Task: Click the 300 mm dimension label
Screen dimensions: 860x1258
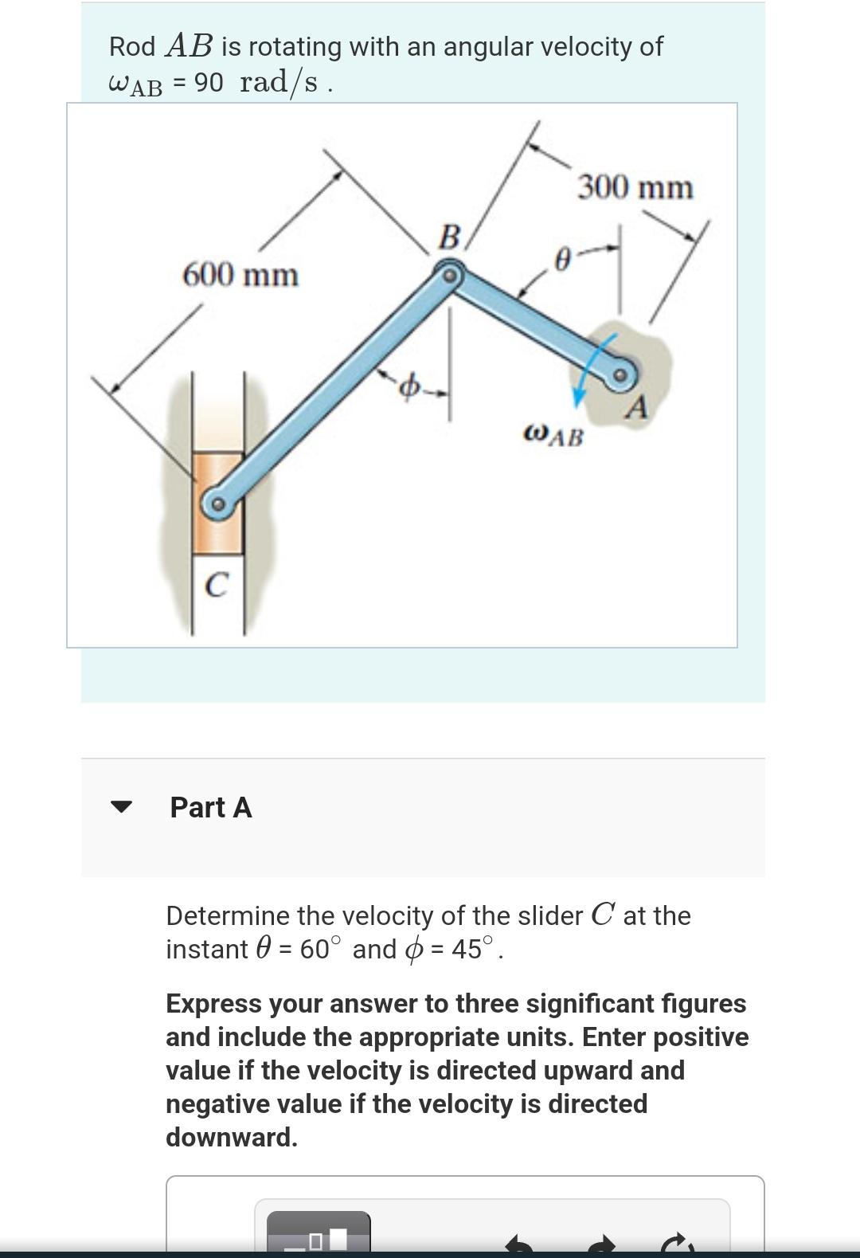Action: coord(635,187)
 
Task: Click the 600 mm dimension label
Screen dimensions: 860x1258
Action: coord(240,276)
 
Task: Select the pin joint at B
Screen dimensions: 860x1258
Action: coord(450,276)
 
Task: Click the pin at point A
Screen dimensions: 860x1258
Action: coord(620,374)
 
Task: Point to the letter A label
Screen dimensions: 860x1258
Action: coord(636,407)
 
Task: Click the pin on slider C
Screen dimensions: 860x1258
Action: coord(218,504)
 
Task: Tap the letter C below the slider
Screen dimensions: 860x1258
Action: coord(217,585)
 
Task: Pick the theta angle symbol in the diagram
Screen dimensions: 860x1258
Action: coord(562,260)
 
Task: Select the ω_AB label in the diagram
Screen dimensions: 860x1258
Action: coord(553,436)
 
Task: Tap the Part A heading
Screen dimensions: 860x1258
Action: coord(211,808)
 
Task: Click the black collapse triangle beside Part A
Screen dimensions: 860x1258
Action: coord(121,806)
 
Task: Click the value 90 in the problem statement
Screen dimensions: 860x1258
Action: coord(209,83)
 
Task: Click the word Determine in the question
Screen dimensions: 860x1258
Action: coord(228,916)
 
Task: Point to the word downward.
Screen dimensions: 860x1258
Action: coord(231,1137)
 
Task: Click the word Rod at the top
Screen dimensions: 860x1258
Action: coord(132,47)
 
